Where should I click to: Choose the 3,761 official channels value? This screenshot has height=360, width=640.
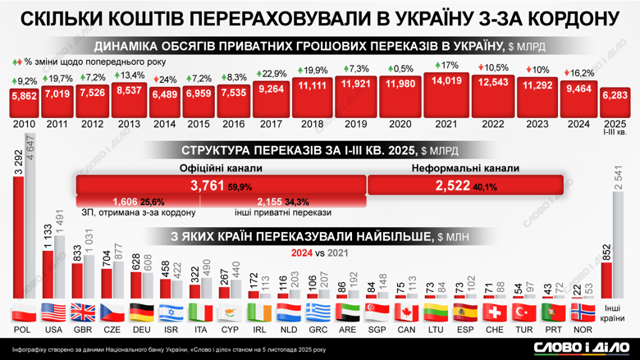[207, 186]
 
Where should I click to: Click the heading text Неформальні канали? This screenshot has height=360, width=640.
[465, 167]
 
